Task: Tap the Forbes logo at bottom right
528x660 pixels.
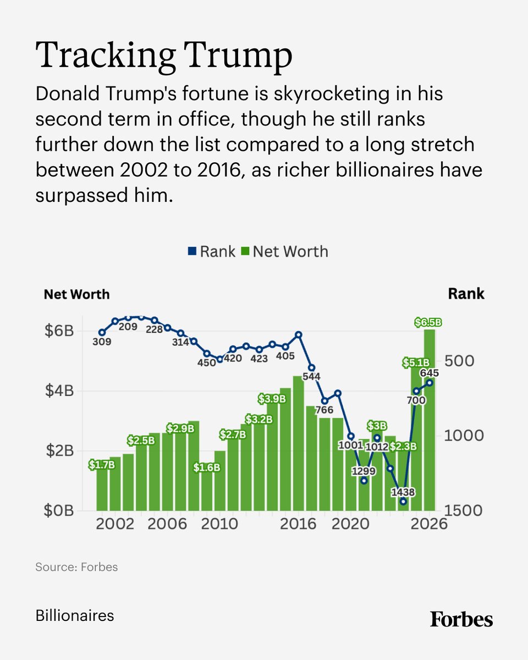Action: coord(461,619)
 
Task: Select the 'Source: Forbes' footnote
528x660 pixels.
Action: coord(76,566)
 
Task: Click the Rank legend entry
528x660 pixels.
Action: coord(211,252)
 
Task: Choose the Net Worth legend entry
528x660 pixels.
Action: coord(285,252)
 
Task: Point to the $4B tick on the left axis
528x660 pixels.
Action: coord(59,391)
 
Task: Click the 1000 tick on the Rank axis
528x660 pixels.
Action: coord(464,436)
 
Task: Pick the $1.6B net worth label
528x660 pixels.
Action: coord(207,468)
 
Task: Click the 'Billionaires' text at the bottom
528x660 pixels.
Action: coord(75,615)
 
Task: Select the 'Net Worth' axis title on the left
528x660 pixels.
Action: coord(76,294)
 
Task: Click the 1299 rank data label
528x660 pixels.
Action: coord(364,471)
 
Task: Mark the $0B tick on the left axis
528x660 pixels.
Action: coord(59,510)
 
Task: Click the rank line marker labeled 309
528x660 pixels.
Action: coord(102,333)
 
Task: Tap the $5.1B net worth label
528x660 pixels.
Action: coord(415,362)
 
